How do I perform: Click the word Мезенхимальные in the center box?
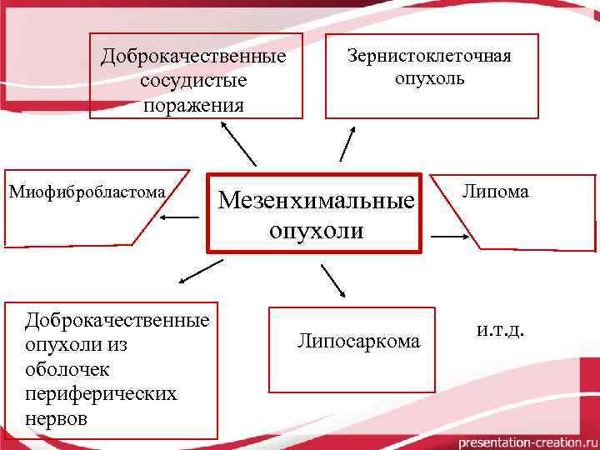316,202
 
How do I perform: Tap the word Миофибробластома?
87,192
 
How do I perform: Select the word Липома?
496,192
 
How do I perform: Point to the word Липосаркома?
359,340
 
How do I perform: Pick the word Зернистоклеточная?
429,56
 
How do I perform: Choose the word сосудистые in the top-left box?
193,81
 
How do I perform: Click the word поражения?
193,105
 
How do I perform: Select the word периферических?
101,392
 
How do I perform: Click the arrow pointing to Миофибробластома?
179,217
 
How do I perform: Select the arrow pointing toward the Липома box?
449,237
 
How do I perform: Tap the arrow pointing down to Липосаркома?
332,281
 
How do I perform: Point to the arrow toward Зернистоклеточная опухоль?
347,142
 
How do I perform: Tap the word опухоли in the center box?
316,230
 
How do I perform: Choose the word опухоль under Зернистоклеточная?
430,80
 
